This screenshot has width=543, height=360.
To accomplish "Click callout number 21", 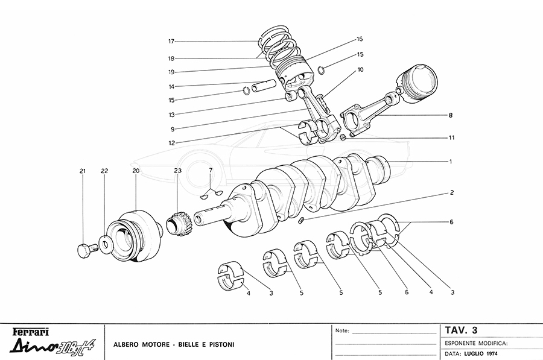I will point(83,171).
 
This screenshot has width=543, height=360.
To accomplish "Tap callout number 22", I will point(104,171).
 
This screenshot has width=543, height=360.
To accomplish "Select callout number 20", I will point(136,171).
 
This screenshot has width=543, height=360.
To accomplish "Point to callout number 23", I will point(177,171).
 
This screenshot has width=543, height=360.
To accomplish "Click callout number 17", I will point(171,42).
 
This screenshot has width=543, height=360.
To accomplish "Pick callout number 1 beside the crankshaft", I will point(450,162).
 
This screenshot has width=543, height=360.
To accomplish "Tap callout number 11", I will point(451,137).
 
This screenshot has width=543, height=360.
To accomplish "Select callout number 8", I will point(450,115).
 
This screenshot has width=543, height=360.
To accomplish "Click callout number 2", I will point(451,194).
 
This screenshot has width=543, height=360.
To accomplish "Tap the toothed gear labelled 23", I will point(176,225).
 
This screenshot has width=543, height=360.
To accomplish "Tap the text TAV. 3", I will point(461,330).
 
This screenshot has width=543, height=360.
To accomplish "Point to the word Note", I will point(341,331).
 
